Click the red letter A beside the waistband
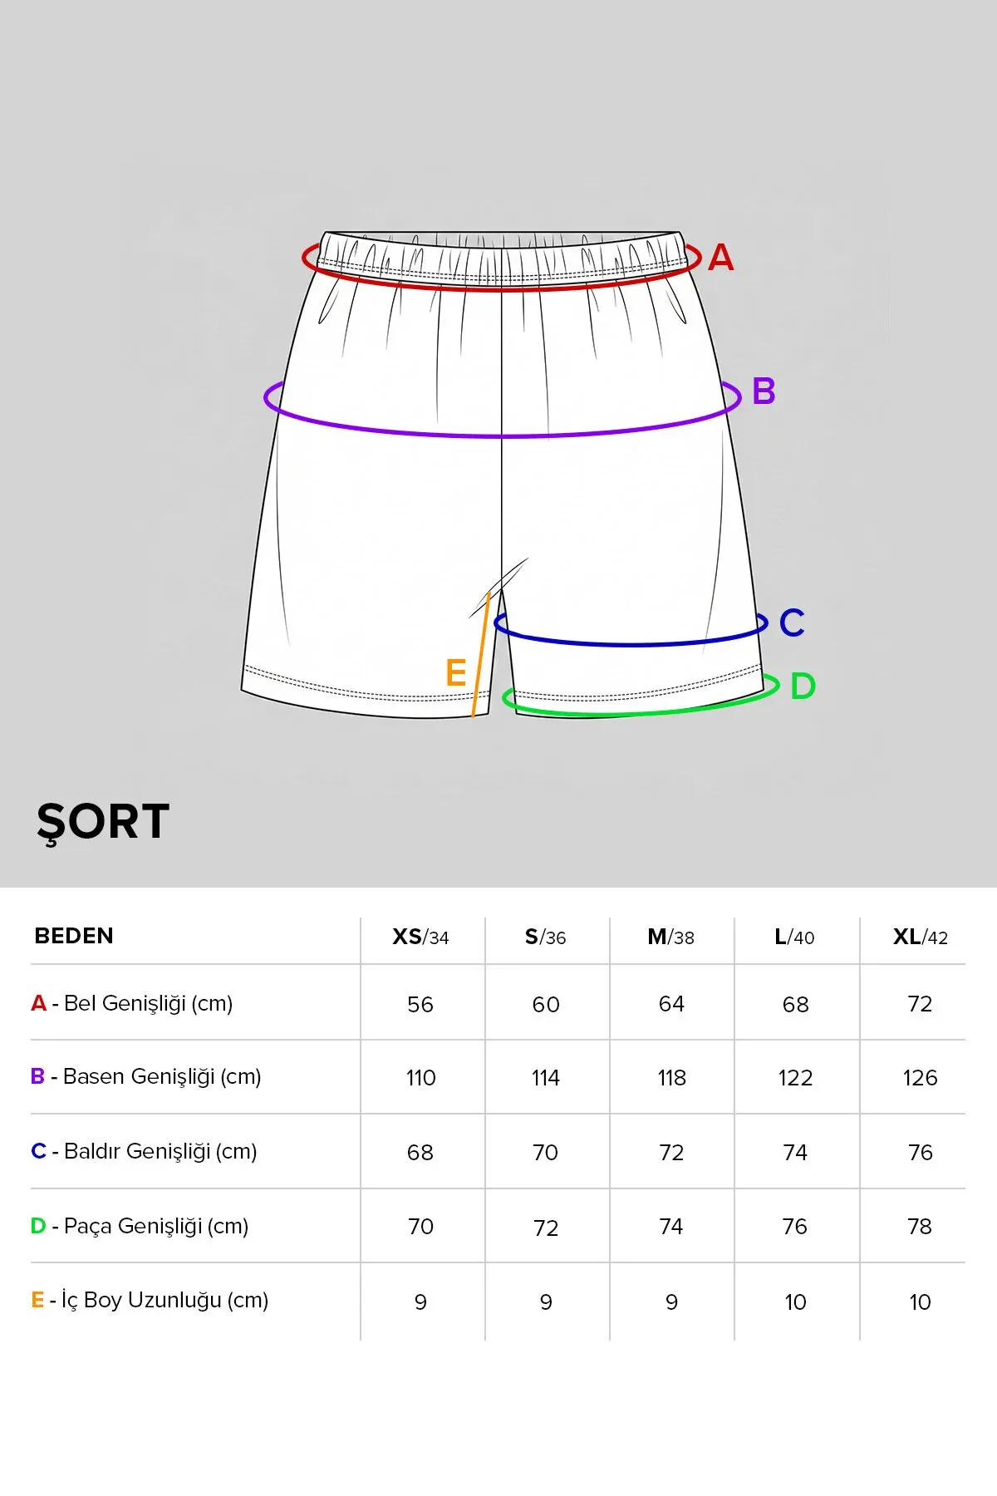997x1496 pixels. pyautogui.click(x=720, y=258)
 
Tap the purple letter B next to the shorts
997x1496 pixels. pyautogui.click(x=764, y=391)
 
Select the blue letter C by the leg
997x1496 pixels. pyautogui.click(x=792, y=623)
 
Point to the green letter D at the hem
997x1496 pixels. pyautogui.click(x=803, y=686)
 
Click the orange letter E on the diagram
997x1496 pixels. pyautogui.click(x=456, y=672)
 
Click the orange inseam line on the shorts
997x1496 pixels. pyautogui.click(x=481, y=654)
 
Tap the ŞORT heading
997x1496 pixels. pyautogui.click(x=103, y=822)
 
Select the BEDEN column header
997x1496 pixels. pyautogui.click(x=74, y=936)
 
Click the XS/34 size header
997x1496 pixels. pyautogui.click(x=420, y=937)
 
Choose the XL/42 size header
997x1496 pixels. pyautogui.click(x=921, y=937)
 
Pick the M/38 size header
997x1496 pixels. pyautogui.click(x=670, y=937)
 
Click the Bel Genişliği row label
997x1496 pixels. pyautogui.click(x=132, y=1003)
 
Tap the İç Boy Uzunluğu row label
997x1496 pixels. pyautogui.click(x=150, y=1300)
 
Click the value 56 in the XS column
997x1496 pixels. pyautogui.click(x=420, y=1004)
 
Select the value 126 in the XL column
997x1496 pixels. pyautogui.click(x=920, y=1078)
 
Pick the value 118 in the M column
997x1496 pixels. pyautogui.click(x=671, y=1078)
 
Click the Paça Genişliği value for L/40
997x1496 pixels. pyautogui.click(x=795, y=1227)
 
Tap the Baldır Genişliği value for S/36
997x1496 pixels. pyautogui.click(x=545, y=1153)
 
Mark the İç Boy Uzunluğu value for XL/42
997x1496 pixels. pyautogui.click(x=920, y=1302)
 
